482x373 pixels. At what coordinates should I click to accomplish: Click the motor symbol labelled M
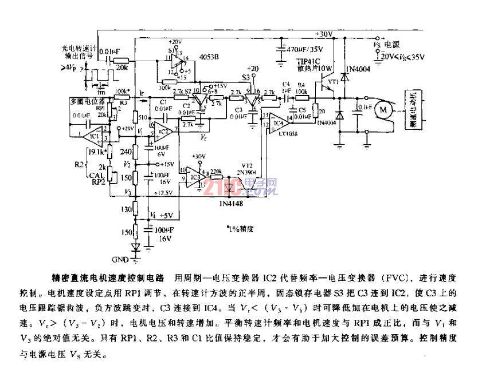click(x=383, y=108)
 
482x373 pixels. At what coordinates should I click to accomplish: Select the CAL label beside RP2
click(x=96, y=176)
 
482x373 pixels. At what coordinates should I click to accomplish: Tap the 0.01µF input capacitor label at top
click(x=109, y=51)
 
